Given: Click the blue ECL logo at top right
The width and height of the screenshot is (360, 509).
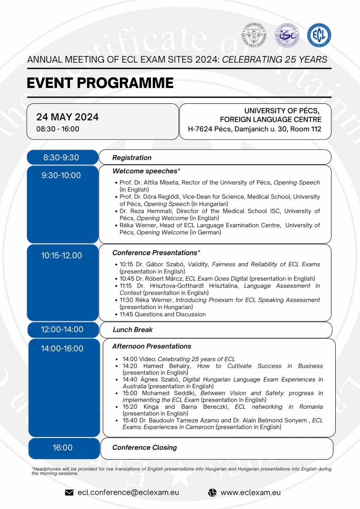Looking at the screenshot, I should tap(319, 35).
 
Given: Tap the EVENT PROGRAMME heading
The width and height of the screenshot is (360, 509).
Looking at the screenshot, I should tap(100, 83).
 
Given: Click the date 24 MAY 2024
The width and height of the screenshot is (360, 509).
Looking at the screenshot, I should tap(67, 117).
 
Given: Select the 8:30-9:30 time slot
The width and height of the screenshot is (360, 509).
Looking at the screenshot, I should tap(61, 157).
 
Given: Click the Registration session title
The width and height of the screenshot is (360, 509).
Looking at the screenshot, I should tap(132, 157).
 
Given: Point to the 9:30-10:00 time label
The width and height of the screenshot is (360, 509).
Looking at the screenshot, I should tap(61, 175).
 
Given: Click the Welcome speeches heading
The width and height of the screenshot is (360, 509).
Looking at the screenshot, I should tap(146, 171).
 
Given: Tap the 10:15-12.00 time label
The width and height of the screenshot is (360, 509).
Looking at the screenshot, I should tap(61, 256).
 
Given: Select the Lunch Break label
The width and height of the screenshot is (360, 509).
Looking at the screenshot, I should tap(133, 330).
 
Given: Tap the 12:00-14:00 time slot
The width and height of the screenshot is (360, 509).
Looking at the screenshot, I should tap(62, 330).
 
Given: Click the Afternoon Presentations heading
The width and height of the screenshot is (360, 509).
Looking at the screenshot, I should tap(152, 346).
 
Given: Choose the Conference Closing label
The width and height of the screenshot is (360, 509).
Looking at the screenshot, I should tap(145, 447).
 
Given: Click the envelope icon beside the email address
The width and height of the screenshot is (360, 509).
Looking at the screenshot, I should tap(69, 493).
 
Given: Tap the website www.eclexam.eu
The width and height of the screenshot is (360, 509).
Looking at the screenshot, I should tap(250, 493).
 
